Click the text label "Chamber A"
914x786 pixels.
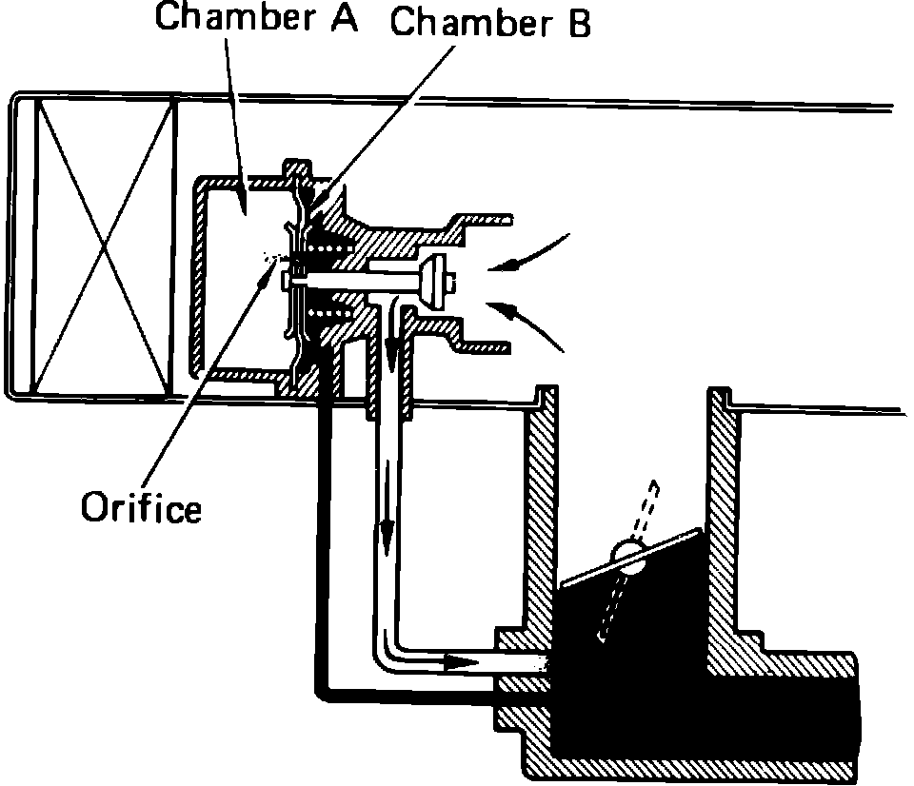coord(256,18)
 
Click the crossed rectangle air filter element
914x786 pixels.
coord(105,247)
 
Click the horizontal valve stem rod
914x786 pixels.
coord(362,279)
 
